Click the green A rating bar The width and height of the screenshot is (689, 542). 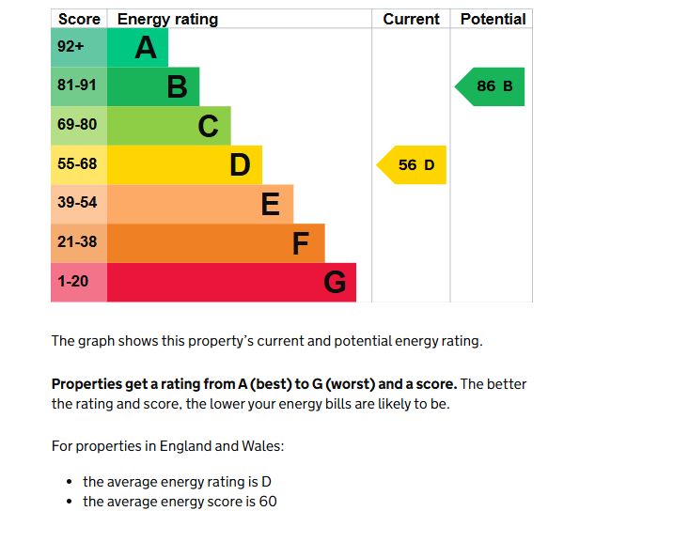(137, 48)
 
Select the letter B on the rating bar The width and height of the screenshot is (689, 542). (177, 87)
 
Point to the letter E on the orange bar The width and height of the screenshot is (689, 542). (270, 204)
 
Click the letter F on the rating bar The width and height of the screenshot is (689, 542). (301, 243)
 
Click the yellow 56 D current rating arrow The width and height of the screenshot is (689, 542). (414, 165)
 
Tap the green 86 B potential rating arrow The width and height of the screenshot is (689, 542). (492, 86)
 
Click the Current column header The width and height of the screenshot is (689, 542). (411, 19)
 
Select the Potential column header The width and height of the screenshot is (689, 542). (493, 19)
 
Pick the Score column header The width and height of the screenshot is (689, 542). (79, 19)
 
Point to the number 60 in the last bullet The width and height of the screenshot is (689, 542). (267, 502)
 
